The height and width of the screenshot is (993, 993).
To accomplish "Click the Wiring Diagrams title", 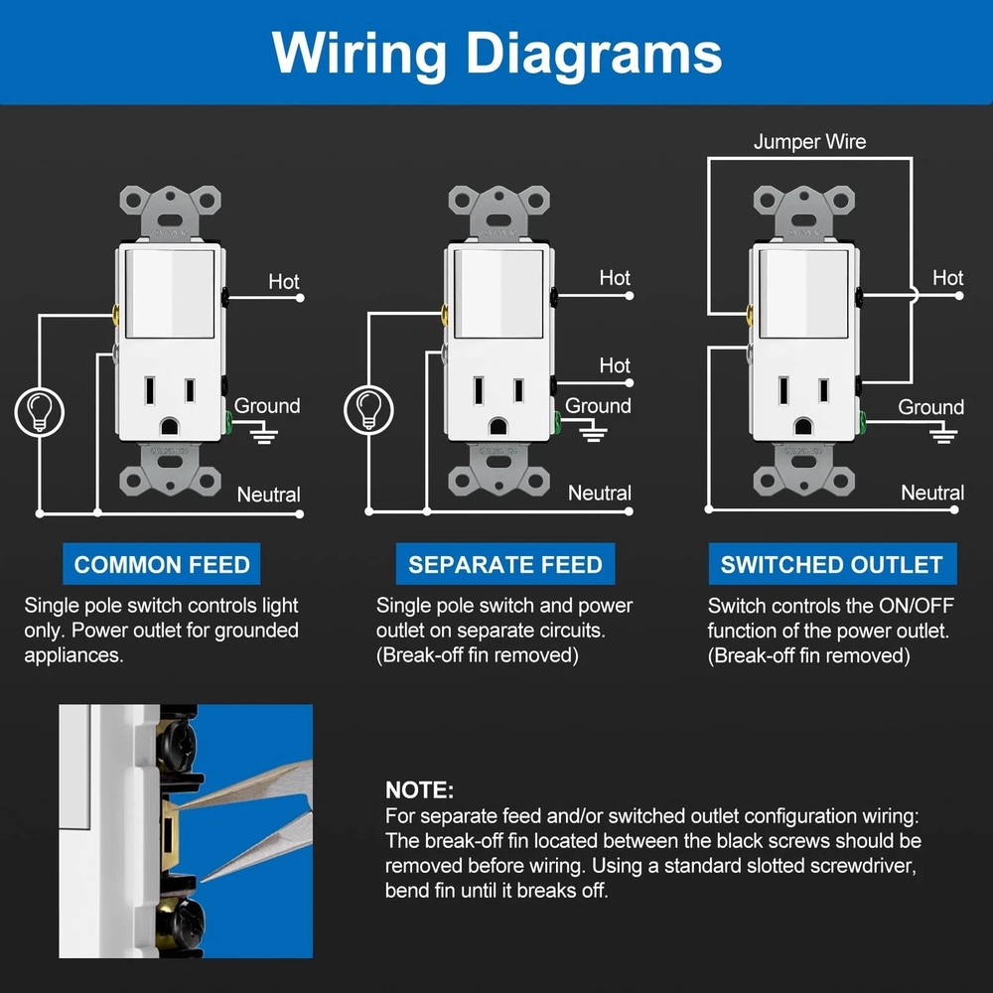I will pyautogui.click(x=496, y=52).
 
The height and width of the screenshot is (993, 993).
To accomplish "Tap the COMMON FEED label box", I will pyautogui.click(x=162, y=565).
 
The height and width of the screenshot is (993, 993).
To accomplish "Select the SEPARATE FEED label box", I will pyautogui.click(x=504, y=565).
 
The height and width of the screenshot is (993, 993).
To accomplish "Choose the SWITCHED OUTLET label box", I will pyautogui.click(x=831, y=565).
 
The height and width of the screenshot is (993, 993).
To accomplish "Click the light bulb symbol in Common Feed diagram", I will pyautogui.click(x=40, y=410).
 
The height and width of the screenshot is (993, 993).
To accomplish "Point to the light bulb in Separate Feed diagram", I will pyautogui.click(x=368, y=408).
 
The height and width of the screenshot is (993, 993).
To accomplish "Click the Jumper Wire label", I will pyautogui.click(x=809, y=142).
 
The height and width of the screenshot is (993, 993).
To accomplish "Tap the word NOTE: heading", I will pyautogui.click(x=419, y=791).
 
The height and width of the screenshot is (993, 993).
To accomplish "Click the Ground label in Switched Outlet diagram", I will pyautogui.click(x=930, y=407).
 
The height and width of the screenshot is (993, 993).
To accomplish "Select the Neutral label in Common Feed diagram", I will pyautogui.click(x=268, y=495).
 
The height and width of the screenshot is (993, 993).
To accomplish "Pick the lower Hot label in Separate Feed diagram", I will pyautogui.click(x=615, y=365).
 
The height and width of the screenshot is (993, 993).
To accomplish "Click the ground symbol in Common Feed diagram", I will pyautogui.click(x=263, y=434).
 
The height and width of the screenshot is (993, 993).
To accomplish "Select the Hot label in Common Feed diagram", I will pyautogui.click(x=284, y=282).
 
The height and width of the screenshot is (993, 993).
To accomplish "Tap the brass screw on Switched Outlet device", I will pyautogui.click(x=747, y=316).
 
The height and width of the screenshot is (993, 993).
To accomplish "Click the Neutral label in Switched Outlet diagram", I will pyautogui.click(x=932, y=493).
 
